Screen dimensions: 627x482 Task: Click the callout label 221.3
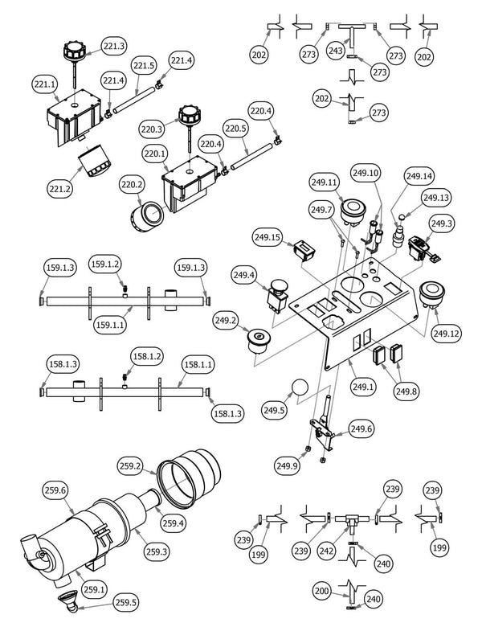(114, 47)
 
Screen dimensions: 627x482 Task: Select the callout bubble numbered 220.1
(154, 153)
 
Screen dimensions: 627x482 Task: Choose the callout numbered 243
(336, 51)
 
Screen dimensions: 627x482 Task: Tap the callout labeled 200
(321, 591)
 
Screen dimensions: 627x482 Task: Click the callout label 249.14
(419, 176)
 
